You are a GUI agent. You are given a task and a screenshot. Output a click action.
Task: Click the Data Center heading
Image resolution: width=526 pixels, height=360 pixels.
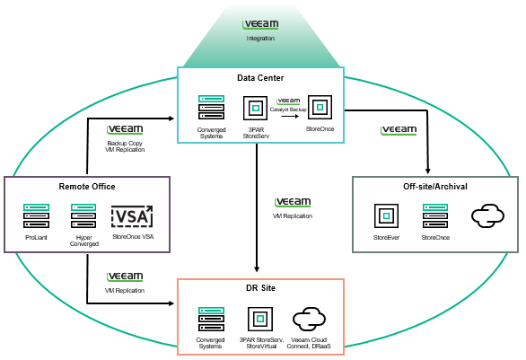pos(260,78)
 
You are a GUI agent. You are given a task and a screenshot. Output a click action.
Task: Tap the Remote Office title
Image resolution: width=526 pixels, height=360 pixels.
pos(87,187)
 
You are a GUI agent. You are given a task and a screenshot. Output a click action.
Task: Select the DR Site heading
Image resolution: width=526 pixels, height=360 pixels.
pos(260,288)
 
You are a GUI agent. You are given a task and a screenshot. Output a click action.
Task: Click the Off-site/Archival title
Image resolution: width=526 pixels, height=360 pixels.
pos(435,187)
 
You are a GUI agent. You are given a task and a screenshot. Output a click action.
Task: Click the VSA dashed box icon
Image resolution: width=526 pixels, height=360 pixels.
pos(132,216)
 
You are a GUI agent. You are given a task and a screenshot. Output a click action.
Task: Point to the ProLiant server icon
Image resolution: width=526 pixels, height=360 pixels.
pos(36,216)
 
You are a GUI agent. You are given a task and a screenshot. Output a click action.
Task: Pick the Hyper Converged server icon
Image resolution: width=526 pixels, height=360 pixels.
pos(83,216)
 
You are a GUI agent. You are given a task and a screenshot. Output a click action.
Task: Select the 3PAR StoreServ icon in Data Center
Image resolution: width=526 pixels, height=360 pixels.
pos(255,108)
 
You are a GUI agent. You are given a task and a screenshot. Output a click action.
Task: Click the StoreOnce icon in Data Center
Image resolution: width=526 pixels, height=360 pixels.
pos(320,108)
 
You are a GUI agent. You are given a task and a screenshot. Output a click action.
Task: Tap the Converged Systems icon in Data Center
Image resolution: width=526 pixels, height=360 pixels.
pos(211,108)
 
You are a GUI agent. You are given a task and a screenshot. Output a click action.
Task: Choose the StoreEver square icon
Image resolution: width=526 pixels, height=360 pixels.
pos(386,216)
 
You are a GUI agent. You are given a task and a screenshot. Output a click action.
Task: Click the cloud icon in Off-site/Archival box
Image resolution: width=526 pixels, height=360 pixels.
pos(487,216)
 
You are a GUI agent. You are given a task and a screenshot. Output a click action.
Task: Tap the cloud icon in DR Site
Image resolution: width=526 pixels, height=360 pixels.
pos(309,319)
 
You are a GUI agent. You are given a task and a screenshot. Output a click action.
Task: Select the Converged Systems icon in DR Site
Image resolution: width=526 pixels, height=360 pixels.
pos(211,320)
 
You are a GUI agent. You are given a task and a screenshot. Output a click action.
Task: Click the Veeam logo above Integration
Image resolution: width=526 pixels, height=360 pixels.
pos(260,24)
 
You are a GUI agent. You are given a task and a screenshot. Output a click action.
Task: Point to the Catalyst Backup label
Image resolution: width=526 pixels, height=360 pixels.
pos(288,110)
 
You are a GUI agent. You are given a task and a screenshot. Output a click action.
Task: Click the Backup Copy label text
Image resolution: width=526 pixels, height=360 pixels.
pos(125,144)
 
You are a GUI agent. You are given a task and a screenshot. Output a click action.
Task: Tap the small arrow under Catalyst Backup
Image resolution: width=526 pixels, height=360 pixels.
pos(290,117)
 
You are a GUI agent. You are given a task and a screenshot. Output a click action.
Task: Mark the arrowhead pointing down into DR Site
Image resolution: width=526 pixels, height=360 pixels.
pos(257,269)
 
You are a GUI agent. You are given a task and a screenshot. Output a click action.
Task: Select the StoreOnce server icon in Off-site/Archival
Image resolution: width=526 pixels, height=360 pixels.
pos(435,216)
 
